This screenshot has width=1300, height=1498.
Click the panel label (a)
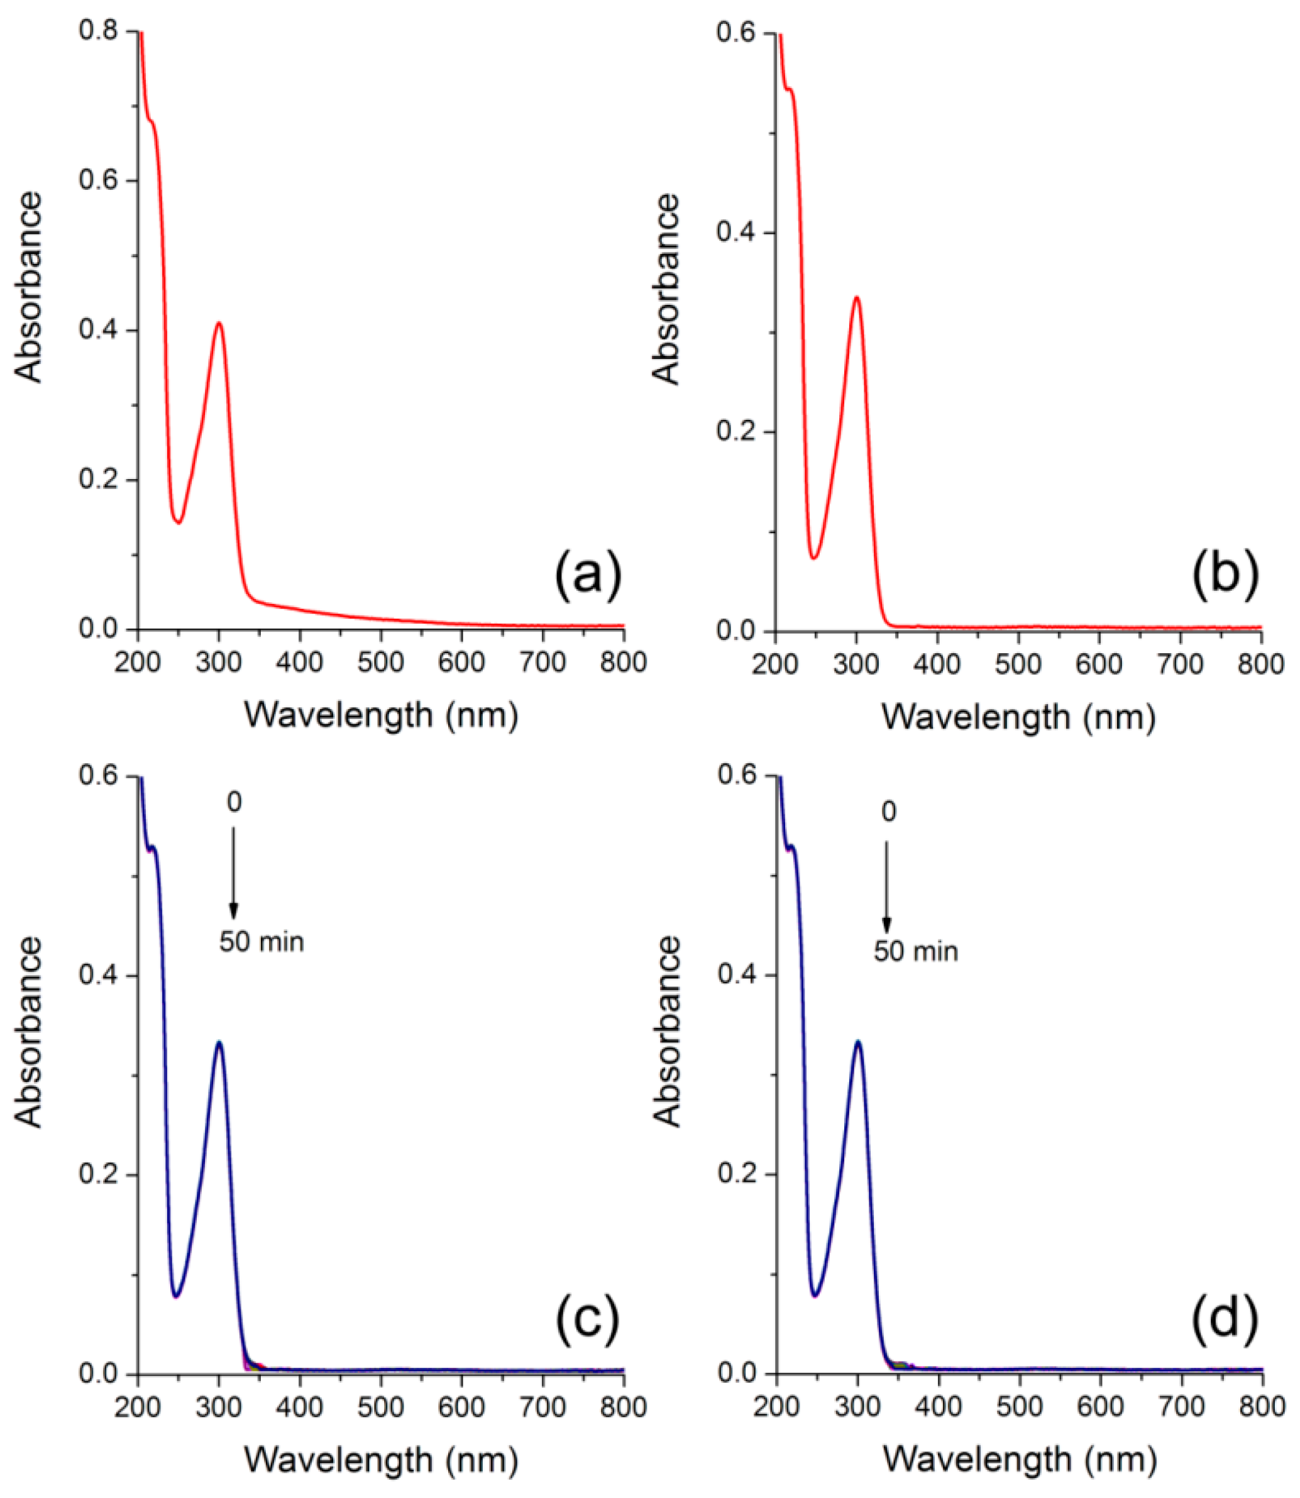pyautogui.click(x=588, y=575)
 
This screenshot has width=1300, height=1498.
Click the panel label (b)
pyautogui.click(x=1225, y=575)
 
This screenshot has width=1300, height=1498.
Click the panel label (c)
pyautogui.click(x=588, y=1319)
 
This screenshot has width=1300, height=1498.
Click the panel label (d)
pyautogui.click(x=1225, y=1319)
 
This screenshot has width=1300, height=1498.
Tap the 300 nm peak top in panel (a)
pyautogui.click(x=218, y=323)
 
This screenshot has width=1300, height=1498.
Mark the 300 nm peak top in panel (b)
pyautogui.click(x=857, y=297)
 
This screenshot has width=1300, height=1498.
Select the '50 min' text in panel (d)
pyautogui.click(x=915, y=951)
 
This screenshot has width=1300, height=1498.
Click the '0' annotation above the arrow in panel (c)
pyautogui.click(x=234, y=802)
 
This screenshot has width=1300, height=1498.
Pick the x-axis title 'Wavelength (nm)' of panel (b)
pyautogui.click(x=1018, y=717)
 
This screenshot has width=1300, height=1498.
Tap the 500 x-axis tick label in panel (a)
pyautogui.click(x=382, y=663)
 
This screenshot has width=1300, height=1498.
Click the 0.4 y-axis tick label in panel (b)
pyautogui.click(x=735, y=233)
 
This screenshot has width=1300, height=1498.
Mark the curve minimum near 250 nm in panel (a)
pyautogui.click(x=178, y=522)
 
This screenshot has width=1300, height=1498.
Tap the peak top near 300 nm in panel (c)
pyautogui.click(x=218, y=1042)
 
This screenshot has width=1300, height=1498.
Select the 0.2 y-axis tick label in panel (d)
pyautogui.click(x=735, y=1174)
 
